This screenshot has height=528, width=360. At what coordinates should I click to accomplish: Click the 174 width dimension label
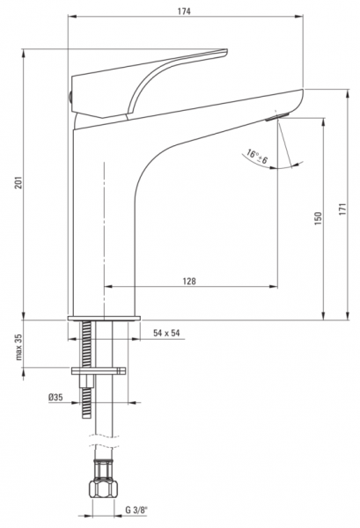184,11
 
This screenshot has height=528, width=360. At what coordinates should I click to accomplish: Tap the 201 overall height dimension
18,182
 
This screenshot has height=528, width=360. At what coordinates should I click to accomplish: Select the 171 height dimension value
342,209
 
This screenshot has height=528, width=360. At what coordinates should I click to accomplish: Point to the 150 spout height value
318,218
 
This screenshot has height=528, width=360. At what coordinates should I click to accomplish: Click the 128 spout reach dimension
189,281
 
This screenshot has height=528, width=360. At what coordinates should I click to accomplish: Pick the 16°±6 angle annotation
257,157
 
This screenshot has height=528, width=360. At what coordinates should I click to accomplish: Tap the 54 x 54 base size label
166,333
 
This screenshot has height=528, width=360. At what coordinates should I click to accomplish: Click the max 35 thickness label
18,348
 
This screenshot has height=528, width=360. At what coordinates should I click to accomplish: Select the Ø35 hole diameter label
55,398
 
